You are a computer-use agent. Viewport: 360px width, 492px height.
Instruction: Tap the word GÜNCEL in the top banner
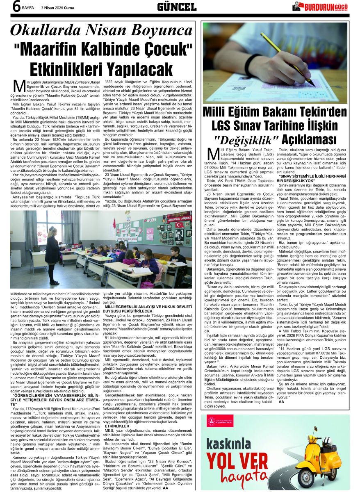pos(177,7)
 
